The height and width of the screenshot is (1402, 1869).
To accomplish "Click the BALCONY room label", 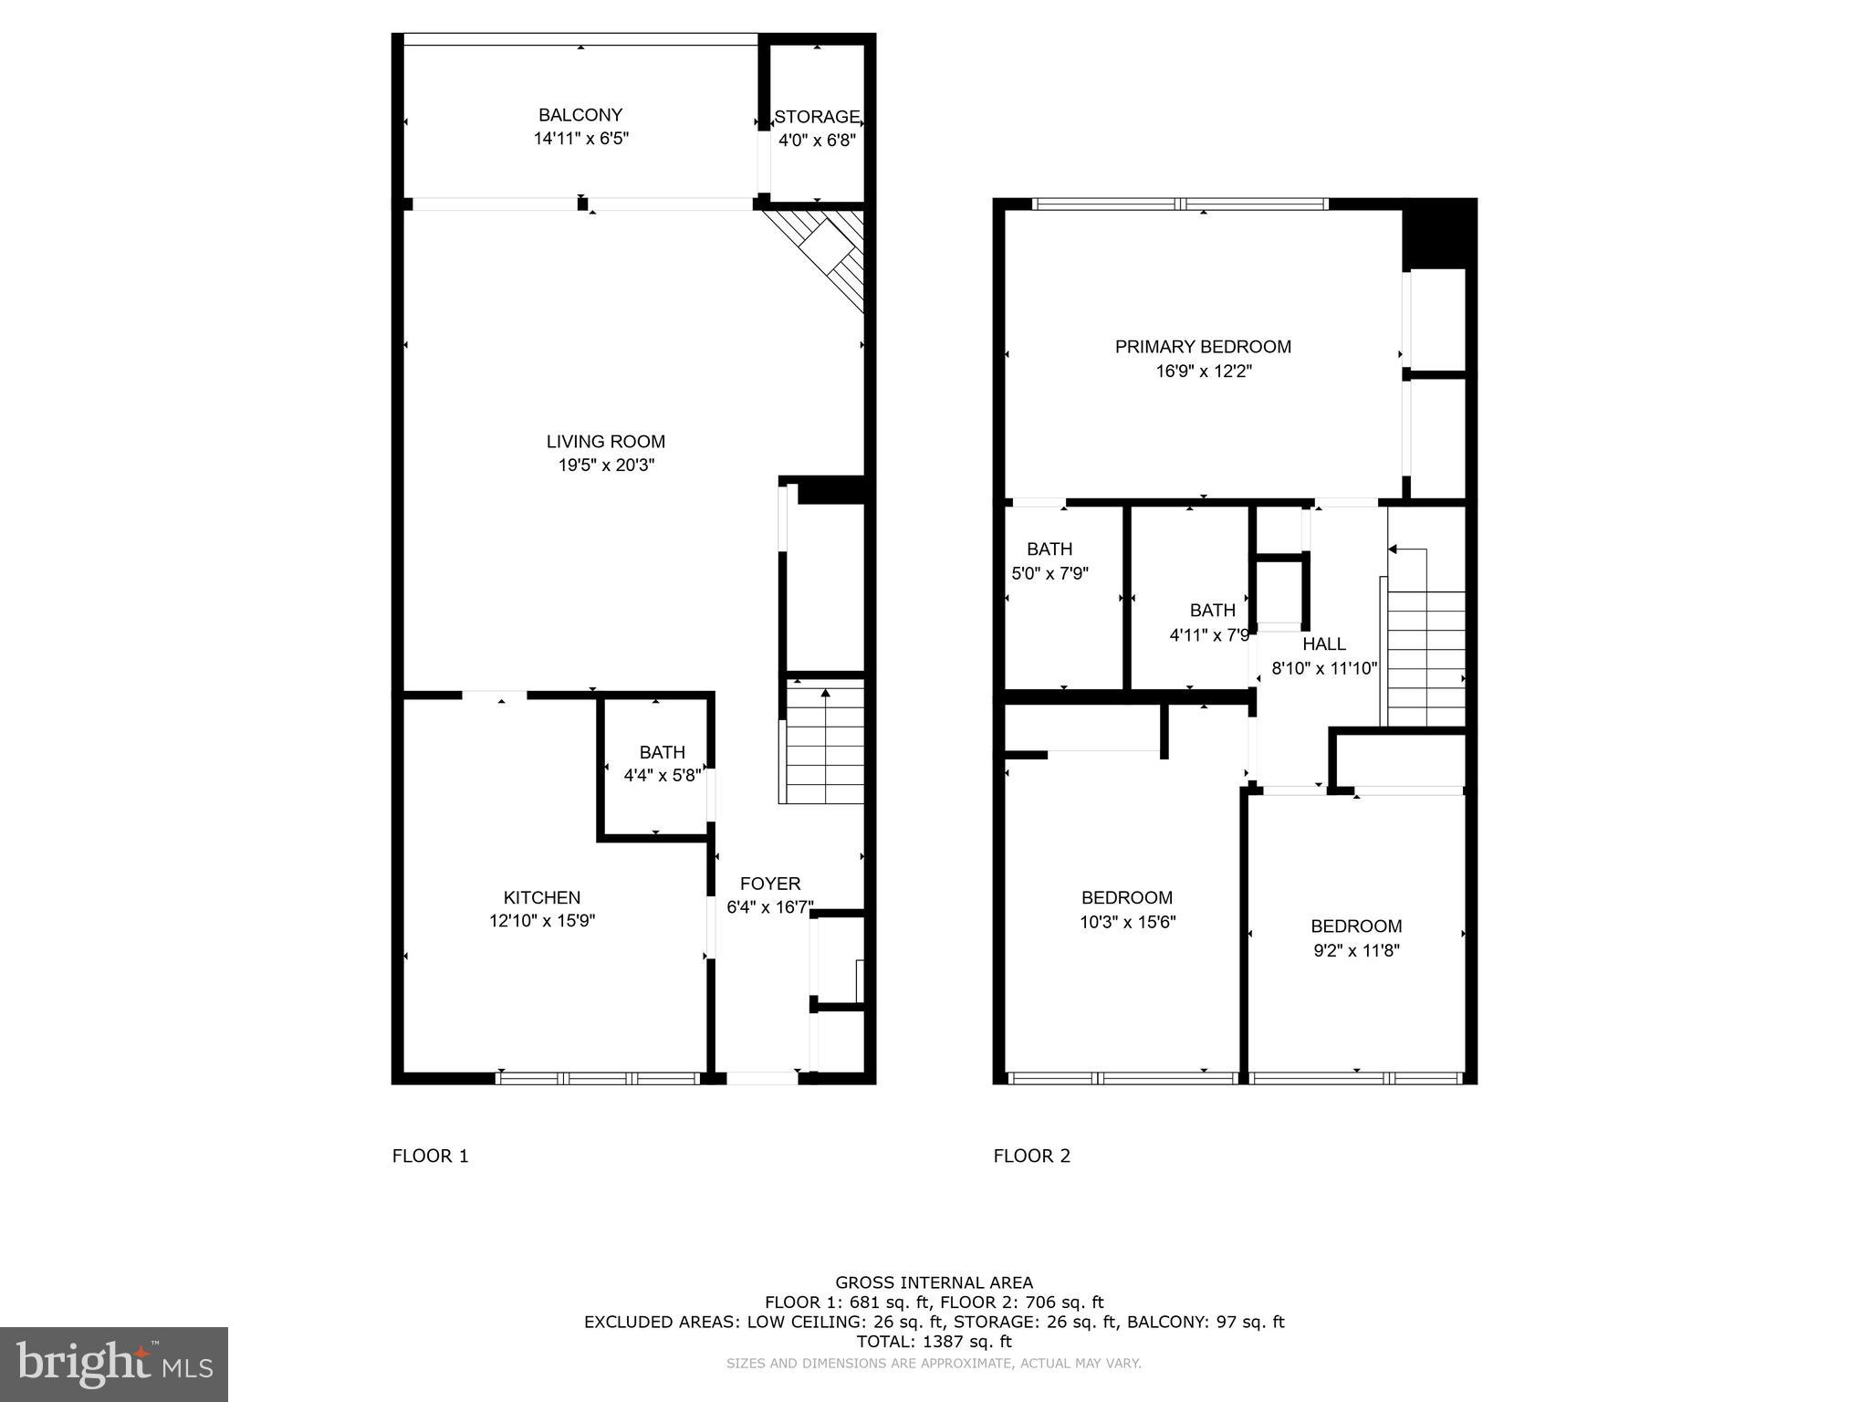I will pyautogui.click(x=580, y=116).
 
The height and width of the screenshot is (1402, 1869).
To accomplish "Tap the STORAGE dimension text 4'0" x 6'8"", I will pyautogui.click(x=817, y=141).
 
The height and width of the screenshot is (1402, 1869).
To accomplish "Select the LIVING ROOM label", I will pyautogui.click(x=606, y=442).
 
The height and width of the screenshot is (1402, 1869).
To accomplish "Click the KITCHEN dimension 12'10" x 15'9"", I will pyautogui.click(x=542, y=921).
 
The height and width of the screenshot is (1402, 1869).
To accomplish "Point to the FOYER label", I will pyautogui.click(x=770, y=884).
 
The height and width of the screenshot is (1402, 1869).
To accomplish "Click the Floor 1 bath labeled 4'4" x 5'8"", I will pyautogui.click(x=662, y=764).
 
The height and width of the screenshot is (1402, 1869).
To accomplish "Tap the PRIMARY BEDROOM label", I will pyautogui.click(x=1203, y=347).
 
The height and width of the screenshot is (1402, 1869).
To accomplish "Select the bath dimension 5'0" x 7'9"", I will pyautogui.click(x=1049, y=574).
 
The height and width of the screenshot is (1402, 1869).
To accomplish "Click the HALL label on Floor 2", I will pyautogui.click(x=1324, y=644).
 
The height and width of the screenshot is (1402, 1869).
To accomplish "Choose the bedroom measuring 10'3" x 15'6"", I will pyautogui.click(x=1127, y=910).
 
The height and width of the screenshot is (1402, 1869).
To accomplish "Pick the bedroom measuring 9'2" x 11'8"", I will pyautogui.click(x=1356, y=938).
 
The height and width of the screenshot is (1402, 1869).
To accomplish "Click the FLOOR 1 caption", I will pyautogui.click(x=430, y=1156).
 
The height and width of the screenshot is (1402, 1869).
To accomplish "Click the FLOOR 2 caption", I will pyautogui.click(x=1031, y=1156).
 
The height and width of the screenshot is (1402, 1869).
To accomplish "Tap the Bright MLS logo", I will pyautogui.click(x=114, y=1364).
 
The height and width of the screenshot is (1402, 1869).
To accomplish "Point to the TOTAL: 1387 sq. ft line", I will pyautogui.click(x=934, y=1342).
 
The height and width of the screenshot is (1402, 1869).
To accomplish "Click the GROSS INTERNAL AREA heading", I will pyautogui.click(x=934, y=1282).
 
